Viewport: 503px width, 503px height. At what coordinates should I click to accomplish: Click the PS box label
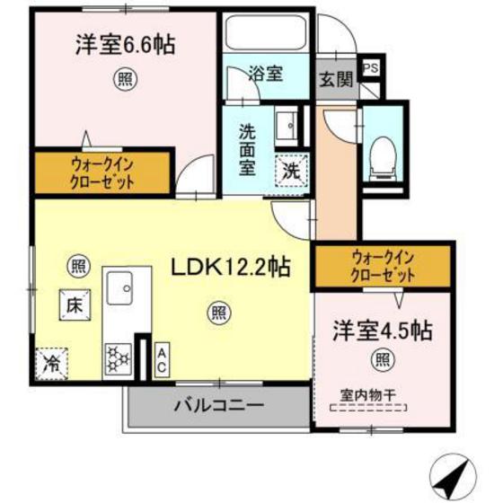[x=369, y=67]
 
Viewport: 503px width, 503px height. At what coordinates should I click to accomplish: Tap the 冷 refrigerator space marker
[x=52, y=363]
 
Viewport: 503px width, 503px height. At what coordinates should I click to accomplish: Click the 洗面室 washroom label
[x=247, y=148]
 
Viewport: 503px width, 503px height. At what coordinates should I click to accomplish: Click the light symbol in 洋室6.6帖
[x=124, y=80]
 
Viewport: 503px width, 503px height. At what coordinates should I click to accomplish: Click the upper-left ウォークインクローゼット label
[x=101, y=171]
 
